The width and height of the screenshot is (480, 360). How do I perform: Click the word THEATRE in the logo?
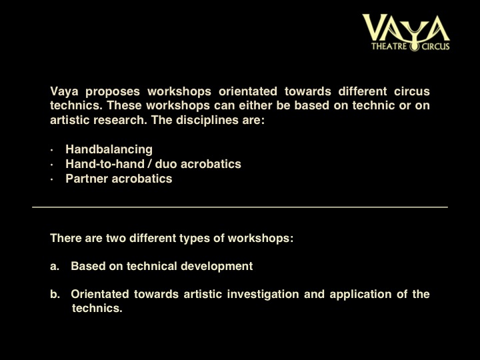389,47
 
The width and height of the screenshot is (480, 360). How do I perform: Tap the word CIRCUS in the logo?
435,47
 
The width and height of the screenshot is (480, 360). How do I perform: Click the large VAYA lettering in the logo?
406,27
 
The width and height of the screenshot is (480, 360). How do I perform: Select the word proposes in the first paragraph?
113,92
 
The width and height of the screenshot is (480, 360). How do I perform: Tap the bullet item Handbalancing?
109,149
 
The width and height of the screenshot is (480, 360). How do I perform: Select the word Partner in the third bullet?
87,179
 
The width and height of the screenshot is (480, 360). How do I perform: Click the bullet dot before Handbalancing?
52,150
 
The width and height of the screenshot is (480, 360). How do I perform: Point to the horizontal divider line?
240,207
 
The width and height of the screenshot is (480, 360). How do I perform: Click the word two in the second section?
116,238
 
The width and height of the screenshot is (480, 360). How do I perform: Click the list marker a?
55,266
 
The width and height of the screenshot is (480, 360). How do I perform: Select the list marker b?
55,294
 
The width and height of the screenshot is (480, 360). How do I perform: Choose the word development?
217,266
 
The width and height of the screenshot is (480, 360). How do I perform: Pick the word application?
361,294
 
